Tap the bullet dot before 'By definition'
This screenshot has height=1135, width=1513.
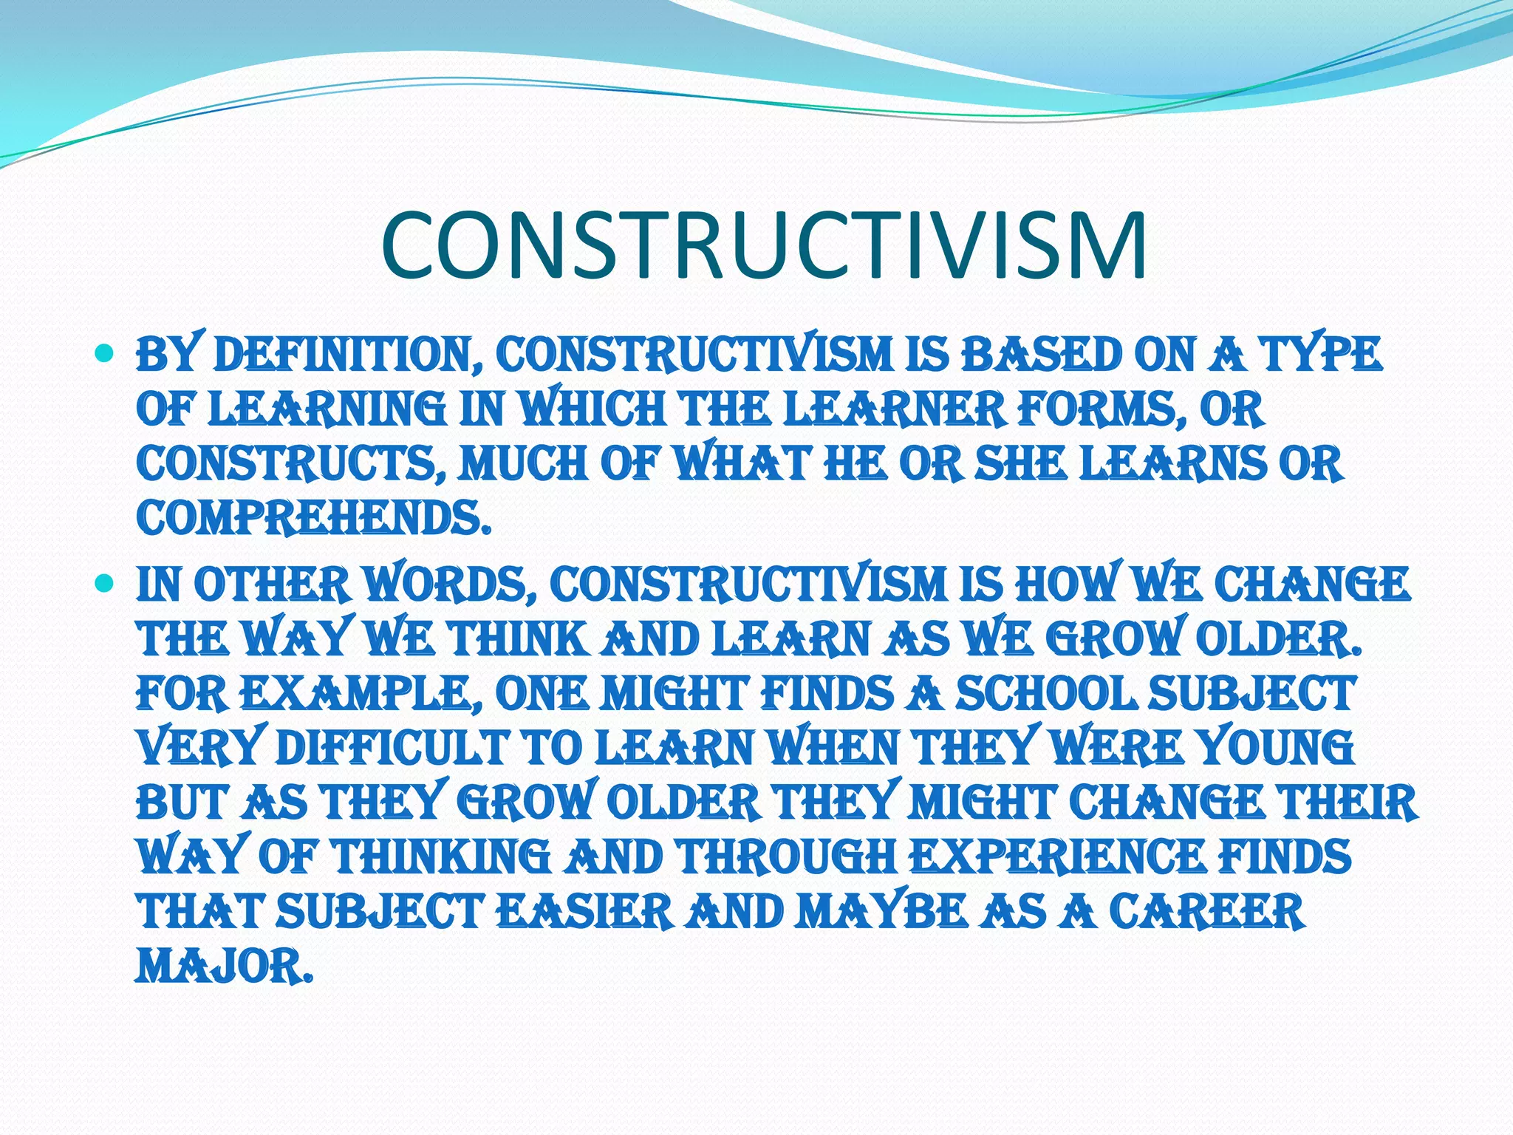[105, 355]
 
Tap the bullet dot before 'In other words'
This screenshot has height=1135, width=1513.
[105, 584]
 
